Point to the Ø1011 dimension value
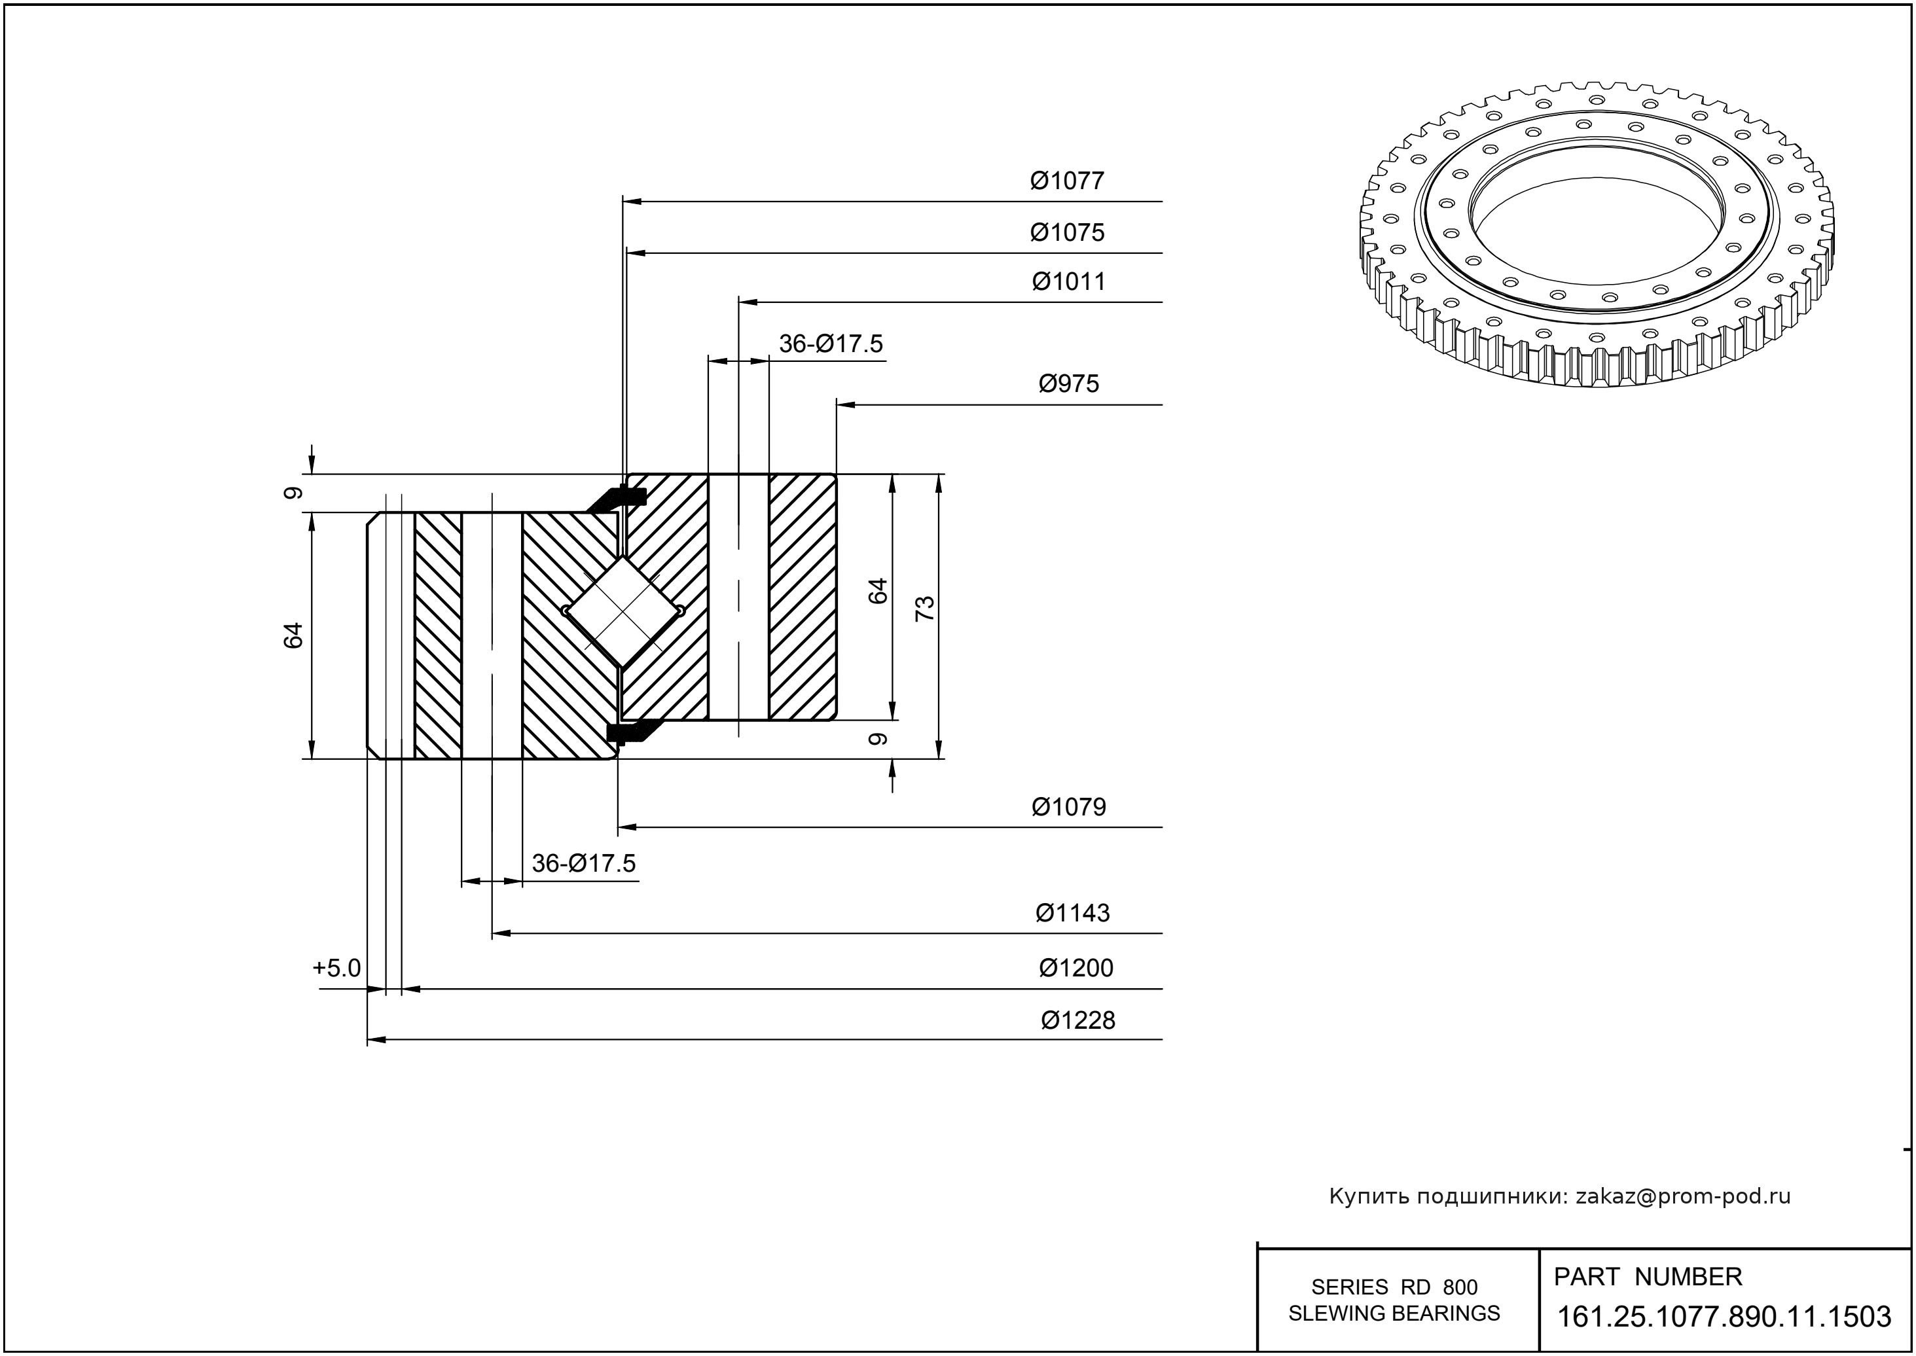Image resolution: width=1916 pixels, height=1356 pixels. click(1068, 282)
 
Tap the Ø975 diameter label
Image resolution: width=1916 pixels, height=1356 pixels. click(1068, 384)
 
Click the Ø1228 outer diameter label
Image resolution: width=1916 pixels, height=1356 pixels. click(1077, 1020)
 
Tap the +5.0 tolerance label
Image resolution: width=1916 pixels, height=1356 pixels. click(336, 969)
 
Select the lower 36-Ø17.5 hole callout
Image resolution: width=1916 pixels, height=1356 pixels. click(583, 863)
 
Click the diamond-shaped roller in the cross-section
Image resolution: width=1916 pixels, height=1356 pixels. click(623, 612)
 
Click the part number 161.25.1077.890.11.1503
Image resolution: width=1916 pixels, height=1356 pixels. click(1724, 1317)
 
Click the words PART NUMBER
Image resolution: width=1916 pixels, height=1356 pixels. click(1647, 1277)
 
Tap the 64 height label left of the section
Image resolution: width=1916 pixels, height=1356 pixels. click(293, 635)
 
